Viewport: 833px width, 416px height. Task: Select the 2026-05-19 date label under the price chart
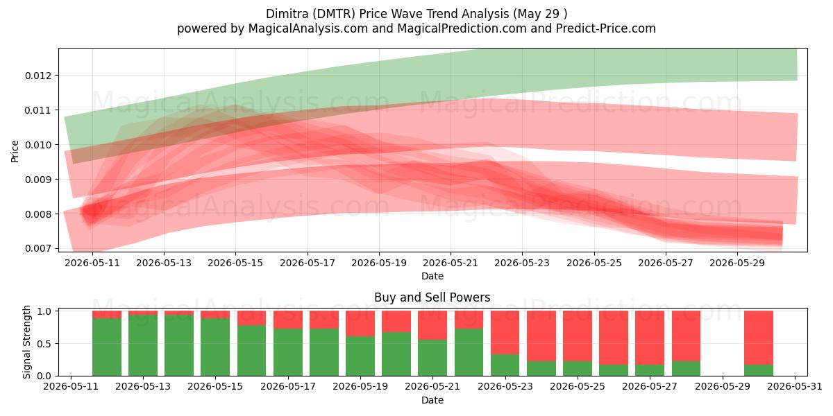(x=379, y=263)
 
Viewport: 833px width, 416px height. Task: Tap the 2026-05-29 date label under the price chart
(x=737, y=263)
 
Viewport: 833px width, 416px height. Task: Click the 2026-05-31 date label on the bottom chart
(x=795, y=387)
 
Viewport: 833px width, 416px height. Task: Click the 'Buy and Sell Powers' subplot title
(x=432, y=297)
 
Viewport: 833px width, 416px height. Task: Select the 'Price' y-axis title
(x=15, y=152)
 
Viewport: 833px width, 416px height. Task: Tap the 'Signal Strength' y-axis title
(x=26, y=342)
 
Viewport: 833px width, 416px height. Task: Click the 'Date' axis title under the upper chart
(x=432, y=276)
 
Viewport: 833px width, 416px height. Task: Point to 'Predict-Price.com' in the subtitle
(x=606, y=28)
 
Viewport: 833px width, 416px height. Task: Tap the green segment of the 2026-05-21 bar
(x=432, y=358)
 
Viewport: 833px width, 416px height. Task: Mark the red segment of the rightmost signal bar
(x=759, y=338)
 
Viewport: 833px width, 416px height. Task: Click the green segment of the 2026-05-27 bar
(x=649, y=370)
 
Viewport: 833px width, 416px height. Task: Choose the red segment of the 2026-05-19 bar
(x=360, y=324)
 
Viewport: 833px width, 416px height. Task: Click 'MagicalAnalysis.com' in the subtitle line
(x=308, y=28)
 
